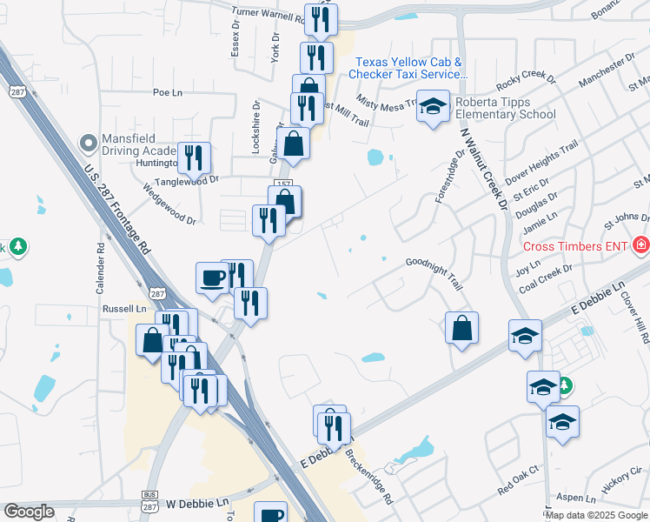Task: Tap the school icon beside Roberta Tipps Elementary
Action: (x=433, y=106)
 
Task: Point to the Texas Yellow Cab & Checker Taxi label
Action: (x=408, y=69)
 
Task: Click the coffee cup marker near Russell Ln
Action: (x=212, y=278)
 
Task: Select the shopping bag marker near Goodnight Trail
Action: (x=462, y=329)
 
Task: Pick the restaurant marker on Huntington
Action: (x=194, y=159)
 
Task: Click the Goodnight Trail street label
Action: (x=434, y=272)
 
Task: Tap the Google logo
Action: (x=29, y=512)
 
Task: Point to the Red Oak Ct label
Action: (x=519, y=479)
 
